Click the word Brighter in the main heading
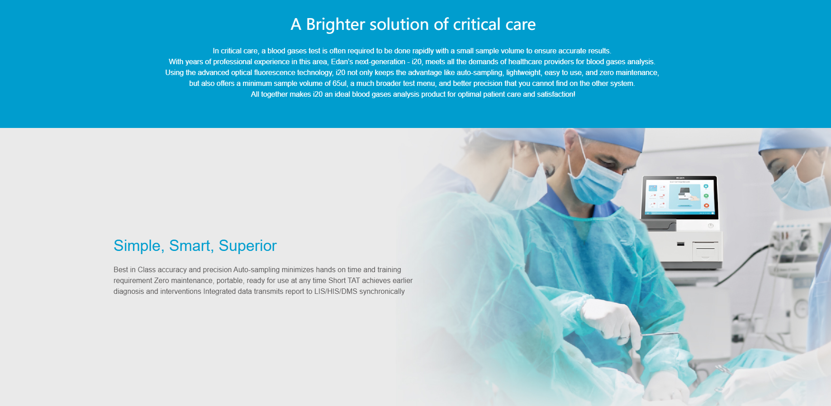335,24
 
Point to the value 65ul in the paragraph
340,83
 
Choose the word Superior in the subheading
247,245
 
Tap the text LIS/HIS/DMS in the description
336,291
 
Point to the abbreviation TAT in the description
354,280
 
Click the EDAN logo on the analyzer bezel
680,178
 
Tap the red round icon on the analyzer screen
706,206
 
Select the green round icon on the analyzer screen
706,196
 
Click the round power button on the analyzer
710,226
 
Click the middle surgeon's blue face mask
595,180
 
